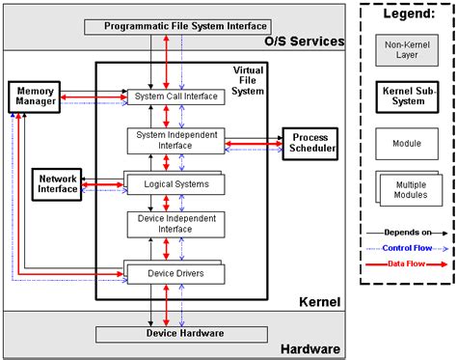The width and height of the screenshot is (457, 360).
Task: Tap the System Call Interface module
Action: click(x=176, y=97)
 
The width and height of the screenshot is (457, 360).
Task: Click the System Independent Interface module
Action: click(x=176, y=140)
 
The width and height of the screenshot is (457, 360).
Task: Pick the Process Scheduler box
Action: click(x=311, y=143)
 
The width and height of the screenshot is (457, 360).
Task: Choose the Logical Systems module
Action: click(x=176, y=183)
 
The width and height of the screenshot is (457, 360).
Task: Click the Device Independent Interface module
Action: click(x=176, y=224)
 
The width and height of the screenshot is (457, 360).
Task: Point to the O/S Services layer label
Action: click(x=304, y=42)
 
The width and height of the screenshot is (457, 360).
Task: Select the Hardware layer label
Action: click(x=309, y=348)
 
